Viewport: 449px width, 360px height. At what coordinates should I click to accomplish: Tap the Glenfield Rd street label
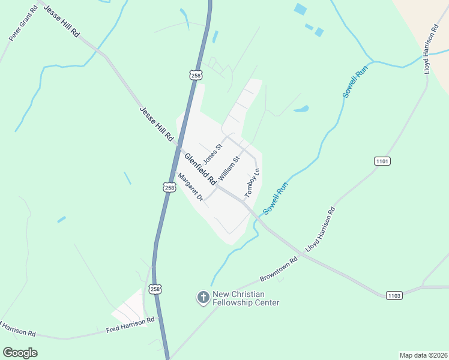coord(200,169)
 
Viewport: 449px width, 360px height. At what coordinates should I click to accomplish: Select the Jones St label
coord(213,153)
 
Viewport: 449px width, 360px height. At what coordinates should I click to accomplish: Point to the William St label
coord(229,169)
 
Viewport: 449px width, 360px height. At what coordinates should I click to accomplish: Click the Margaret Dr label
coord(190,187)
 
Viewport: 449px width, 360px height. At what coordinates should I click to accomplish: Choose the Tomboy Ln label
coord(252,184)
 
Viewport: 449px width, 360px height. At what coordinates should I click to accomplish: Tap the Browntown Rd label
coord(279,271)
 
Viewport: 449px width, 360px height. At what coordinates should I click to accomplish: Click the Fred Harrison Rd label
coord(130,324)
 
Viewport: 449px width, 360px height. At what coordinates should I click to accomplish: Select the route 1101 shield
coord(382,161)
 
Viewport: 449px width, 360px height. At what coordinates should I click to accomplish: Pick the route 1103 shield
coord(394,295)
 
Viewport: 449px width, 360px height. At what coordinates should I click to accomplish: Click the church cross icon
coord(203,296)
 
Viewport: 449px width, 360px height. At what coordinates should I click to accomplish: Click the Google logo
coord(20,353)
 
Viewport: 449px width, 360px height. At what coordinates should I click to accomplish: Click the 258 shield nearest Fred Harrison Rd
coord(155,289)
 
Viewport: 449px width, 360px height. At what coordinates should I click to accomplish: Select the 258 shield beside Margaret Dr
coord(169,188)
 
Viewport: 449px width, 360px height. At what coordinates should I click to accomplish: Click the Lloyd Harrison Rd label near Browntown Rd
coord(320,230)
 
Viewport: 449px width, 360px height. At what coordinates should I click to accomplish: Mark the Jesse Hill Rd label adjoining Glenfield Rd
coord(155,124)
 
